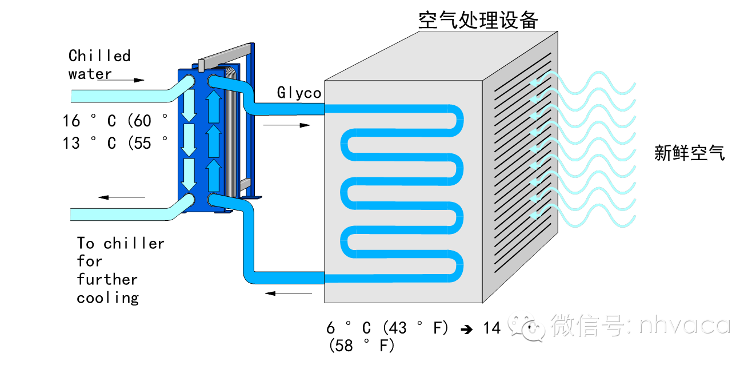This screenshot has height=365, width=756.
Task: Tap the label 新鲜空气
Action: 689,153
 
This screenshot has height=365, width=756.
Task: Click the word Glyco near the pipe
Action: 299,93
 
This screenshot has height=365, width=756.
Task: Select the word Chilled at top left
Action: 99,56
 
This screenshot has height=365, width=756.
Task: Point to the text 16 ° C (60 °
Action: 115,121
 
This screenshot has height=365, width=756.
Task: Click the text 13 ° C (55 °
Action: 115,143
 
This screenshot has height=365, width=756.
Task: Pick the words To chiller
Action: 121,243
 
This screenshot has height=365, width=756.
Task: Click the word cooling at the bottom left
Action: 107,298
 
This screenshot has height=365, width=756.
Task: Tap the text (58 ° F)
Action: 362,346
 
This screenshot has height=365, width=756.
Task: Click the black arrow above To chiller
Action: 121,197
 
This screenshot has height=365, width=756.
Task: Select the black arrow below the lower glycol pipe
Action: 289,293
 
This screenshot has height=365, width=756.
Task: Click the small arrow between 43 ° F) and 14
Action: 467,329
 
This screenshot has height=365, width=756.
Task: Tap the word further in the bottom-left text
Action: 107,280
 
